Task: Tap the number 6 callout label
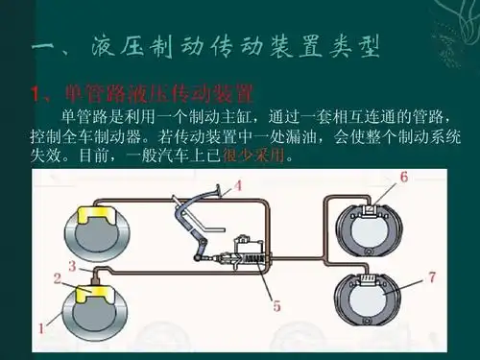[404, 176]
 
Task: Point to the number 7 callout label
[432, 277]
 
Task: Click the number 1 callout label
[39, 327]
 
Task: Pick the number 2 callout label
[57, 279]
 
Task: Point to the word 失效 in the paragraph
[46, 155]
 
